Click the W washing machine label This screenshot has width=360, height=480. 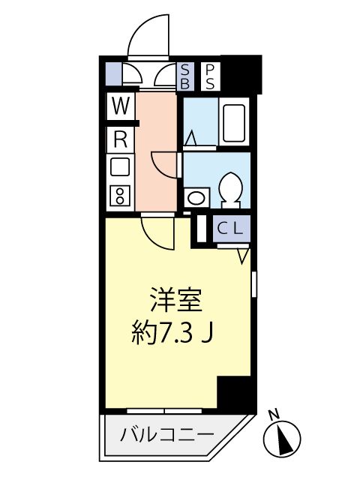coord(119,106)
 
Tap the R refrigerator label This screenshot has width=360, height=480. coord(119,138)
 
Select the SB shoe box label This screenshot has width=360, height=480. coord(185,76)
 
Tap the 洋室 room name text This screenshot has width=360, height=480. coord(177,300)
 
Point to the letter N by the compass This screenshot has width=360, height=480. coord(274,412)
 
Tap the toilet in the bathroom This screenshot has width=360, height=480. coord(232,188)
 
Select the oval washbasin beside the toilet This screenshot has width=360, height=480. coord(196,198)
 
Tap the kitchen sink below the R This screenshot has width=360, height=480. coord(119,166)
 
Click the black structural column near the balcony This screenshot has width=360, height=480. coord(234,393)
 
